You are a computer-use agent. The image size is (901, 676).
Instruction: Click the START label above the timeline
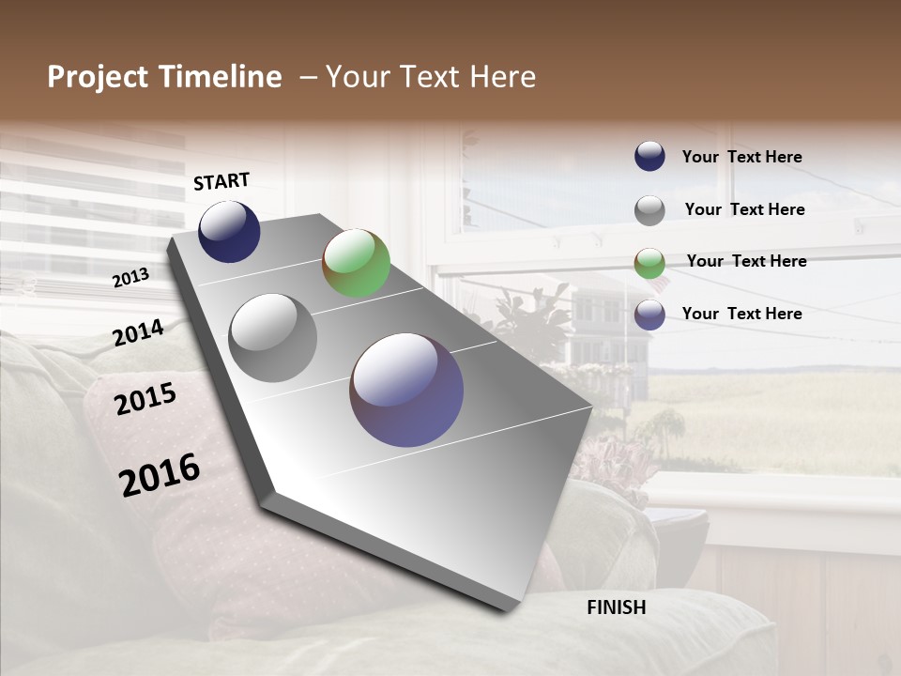pos(221,181)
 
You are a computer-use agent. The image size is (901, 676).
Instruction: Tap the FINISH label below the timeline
pos(616,607)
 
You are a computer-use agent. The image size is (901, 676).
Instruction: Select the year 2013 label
pos(130,277)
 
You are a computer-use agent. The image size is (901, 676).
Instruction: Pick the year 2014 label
pos(138,332)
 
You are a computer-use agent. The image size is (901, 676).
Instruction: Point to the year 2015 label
pos(145,399)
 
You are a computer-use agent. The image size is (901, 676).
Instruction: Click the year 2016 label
pos(160,475)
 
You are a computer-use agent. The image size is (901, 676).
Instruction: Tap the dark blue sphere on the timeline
pos(229,231)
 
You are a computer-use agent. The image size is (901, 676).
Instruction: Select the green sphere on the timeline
pos(356,263)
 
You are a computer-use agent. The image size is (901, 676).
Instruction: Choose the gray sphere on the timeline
pos(273,337)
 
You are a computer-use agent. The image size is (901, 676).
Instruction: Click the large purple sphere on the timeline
pos(406,390)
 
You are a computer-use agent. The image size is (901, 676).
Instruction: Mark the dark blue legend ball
pos(649,157)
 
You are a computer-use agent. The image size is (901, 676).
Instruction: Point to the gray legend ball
pos(649,209)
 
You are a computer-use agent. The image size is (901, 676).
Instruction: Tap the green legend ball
pos(649,262)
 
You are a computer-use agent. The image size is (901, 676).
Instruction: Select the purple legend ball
pos(649,314)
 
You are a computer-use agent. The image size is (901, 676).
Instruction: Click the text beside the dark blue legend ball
pos(741,157)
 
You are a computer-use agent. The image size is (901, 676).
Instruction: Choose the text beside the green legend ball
pos(746,261)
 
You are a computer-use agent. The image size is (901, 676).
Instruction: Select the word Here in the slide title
pos(502,77)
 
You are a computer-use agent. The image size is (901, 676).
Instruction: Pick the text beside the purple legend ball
pos(741,314)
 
